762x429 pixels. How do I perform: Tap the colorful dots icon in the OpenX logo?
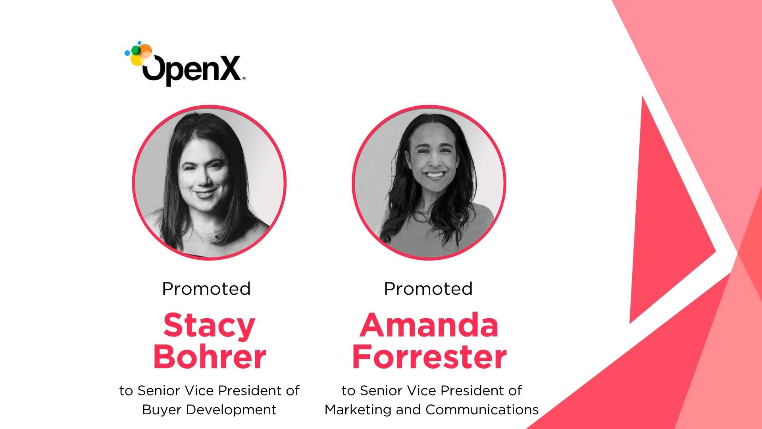[139, 53]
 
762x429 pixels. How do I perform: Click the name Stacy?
[209, 325]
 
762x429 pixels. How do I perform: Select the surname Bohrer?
[210, 356]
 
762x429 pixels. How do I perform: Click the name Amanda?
[429, 325]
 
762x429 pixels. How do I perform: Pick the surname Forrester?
[429, 356]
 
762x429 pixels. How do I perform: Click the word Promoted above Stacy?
[206, 289]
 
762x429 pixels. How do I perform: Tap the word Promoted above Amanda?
[429, 289]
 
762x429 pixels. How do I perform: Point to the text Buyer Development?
[209, 410]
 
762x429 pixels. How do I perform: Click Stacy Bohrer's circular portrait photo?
[209, 183]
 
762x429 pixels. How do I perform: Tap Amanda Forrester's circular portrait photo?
[429, 183]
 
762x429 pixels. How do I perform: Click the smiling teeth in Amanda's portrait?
[435, 174]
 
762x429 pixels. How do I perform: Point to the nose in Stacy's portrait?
[204, 178]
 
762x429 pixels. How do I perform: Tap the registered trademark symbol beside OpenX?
[244, 78]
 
